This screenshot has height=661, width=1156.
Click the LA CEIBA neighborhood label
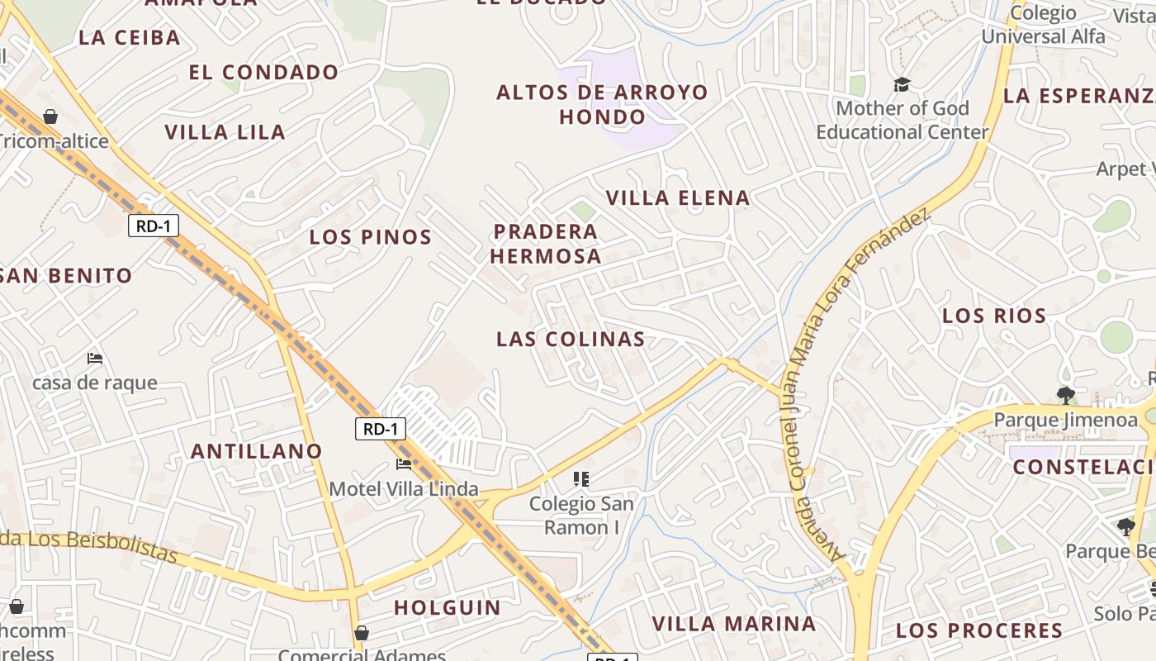click(129, 37)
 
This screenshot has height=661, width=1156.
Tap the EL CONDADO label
click(263, 73)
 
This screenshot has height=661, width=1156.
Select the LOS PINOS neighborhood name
click(370, 237)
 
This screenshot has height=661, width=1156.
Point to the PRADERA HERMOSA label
click(546, 244)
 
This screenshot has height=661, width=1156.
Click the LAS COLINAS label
click(571, 339)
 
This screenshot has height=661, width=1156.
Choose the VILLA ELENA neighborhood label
click(678, 197)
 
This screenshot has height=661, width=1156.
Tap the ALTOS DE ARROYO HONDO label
click(602, 104)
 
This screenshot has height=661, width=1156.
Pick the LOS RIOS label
click(994, 316)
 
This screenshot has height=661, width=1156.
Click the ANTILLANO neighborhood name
click(256, 451)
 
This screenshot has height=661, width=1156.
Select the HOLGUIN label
click(447, 608)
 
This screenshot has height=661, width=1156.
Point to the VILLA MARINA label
click(734, 624)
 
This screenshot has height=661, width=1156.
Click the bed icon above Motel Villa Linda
click(404, 464)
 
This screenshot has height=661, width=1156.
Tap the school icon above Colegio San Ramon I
click(581, 478)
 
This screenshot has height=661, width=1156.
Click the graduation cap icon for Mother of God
click(902, 84)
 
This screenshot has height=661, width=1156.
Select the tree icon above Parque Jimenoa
click(1065, 395)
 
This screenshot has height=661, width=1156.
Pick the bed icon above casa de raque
click(95, 359)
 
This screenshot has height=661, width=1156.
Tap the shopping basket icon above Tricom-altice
click(50, 117)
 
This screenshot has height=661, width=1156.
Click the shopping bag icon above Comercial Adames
click(361, 634)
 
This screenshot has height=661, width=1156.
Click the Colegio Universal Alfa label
click(1043, 25)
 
